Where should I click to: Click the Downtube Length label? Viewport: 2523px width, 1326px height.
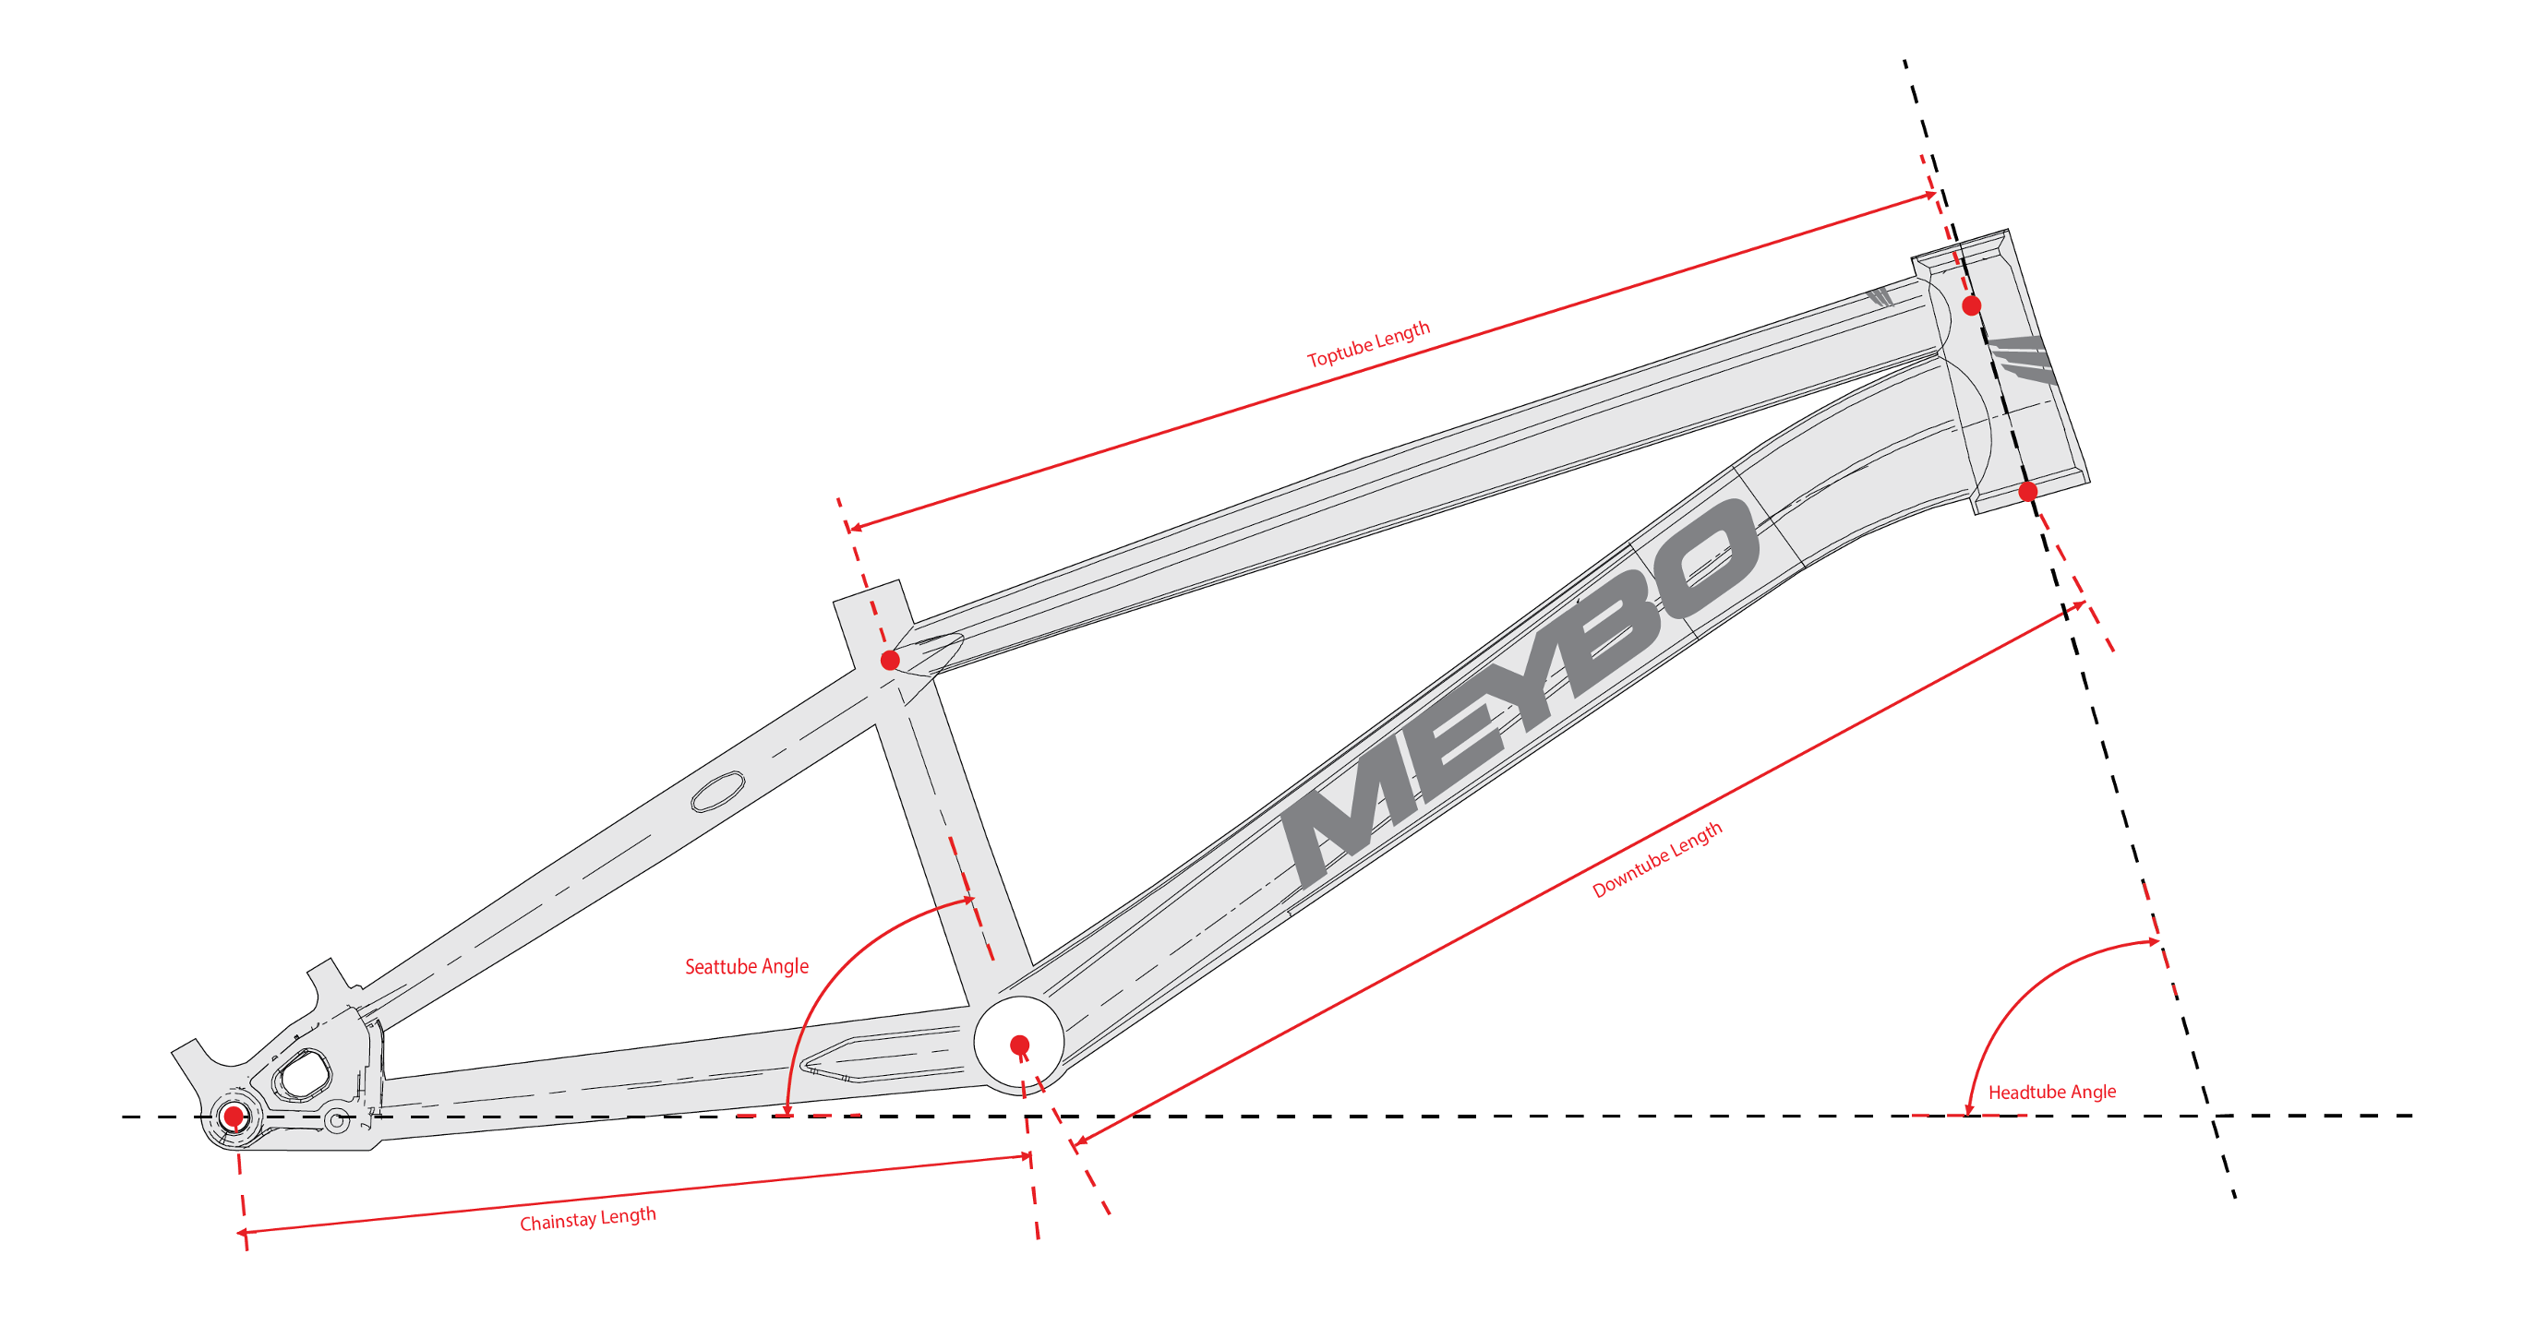(1656, 859)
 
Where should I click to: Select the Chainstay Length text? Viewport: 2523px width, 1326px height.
(588, 1219)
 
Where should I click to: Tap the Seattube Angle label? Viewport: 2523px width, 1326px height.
(746, 967)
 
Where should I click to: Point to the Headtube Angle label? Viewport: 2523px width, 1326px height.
(2051, 1092)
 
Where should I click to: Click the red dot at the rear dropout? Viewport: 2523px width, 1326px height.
(234, 1116)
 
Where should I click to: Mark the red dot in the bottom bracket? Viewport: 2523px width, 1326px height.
(1019, 1045)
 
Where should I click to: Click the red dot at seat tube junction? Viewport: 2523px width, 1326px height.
(889, 659)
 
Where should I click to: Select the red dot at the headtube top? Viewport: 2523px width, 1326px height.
(1972, 305)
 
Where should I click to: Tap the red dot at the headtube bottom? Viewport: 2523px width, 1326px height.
(2028, 491)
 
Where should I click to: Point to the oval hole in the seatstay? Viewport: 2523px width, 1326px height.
(718, 792)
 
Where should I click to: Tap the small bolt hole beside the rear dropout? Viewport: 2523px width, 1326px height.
(336, 1119)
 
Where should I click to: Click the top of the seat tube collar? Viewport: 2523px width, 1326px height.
(868, 591)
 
